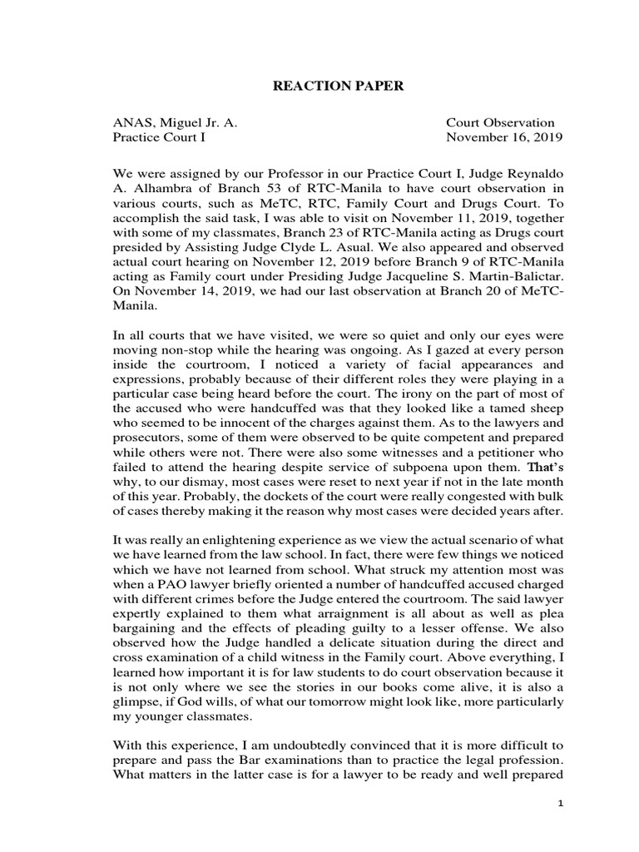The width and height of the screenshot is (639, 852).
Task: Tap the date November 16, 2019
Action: [x=504, y=137]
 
